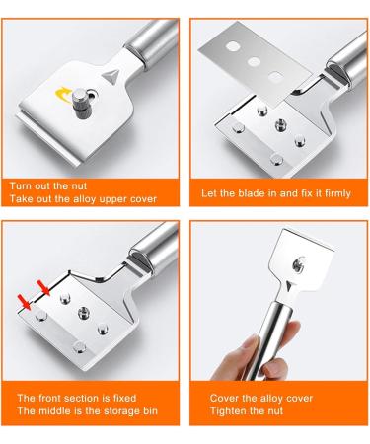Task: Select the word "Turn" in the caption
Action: (x=24, y=185)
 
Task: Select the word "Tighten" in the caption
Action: (x=229, y=409)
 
